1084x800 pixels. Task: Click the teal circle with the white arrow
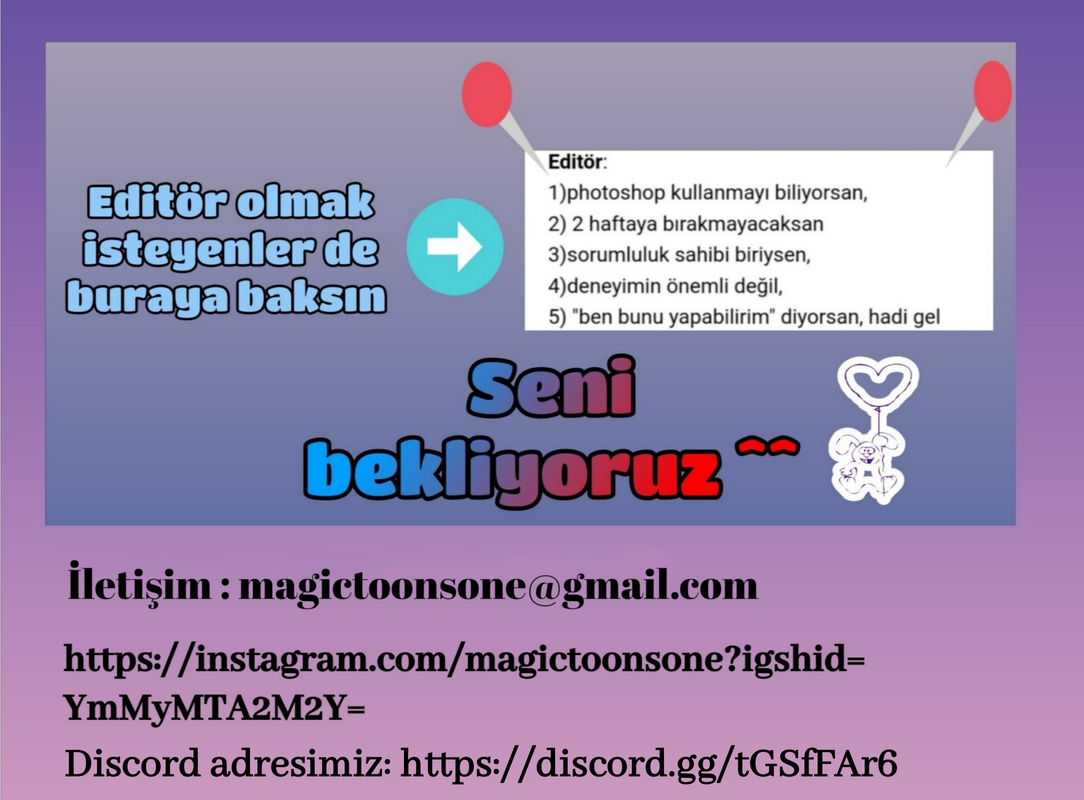click(x=455, y=247)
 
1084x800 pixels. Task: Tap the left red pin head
click(x=487, y=94)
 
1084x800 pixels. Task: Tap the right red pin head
click(x=993, y=91)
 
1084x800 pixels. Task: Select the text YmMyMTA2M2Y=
click(x=215, y=708)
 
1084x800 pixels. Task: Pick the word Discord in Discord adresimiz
click(x=132, y=763)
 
